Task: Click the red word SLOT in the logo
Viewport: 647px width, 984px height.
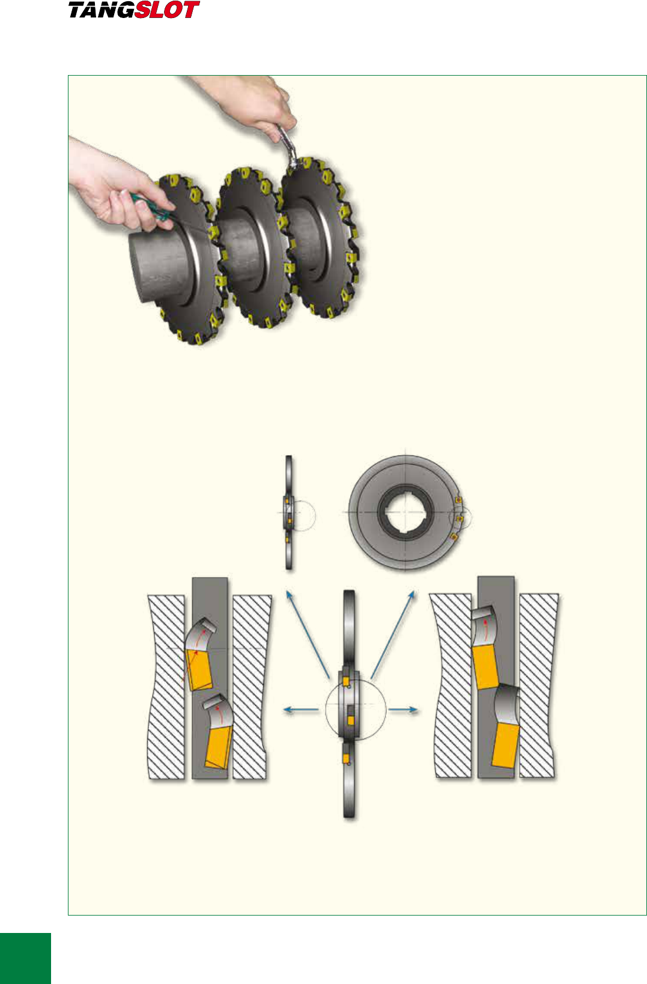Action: point(168,10)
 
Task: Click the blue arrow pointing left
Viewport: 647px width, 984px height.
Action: point(301,710)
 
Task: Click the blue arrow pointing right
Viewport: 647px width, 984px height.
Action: point(402,710)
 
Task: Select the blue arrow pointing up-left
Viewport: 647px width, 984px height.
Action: point(308,634)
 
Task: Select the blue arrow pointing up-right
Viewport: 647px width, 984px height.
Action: point(393,634)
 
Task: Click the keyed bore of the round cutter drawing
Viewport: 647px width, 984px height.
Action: point(406,512)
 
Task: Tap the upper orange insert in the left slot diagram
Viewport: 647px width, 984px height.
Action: point(199,670)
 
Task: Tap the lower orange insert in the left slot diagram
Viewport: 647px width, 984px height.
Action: point(219,747)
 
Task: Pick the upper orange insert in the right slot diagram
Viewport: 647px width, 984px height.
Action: point(485,668)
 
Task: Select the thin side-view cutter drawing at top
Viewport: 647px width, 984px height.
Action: point(289,513)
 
